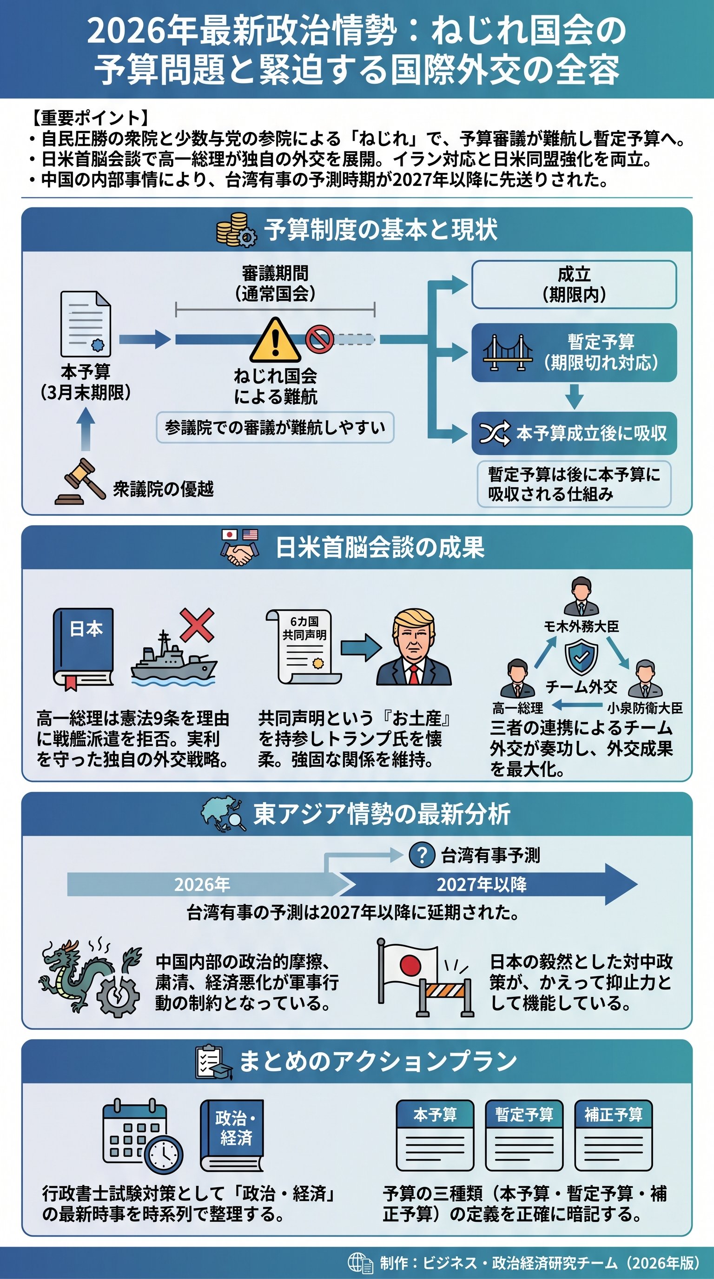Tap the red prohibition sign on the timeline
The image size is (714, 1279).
coord(319,339)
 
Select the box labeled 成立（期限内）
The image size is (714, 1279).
coord(574,284)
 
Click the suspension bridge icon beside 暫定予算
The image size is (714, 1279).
coord(508,353)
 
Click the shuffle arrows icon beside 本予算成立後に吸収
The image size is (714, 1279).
coord(494,434)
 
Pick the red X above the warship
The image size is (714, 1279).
coord(197,625)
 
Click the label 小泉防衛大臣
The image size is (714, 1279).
coord(644,708)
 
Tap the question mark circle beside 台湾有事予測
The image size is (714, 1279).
coord(422,855)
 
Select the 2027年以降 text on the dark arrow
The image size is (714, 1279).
coord(482,884)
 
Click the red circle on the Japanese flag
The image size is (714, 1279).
coord(410,966)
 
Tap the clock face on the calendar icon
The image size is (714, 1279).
coord(163,1155)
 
